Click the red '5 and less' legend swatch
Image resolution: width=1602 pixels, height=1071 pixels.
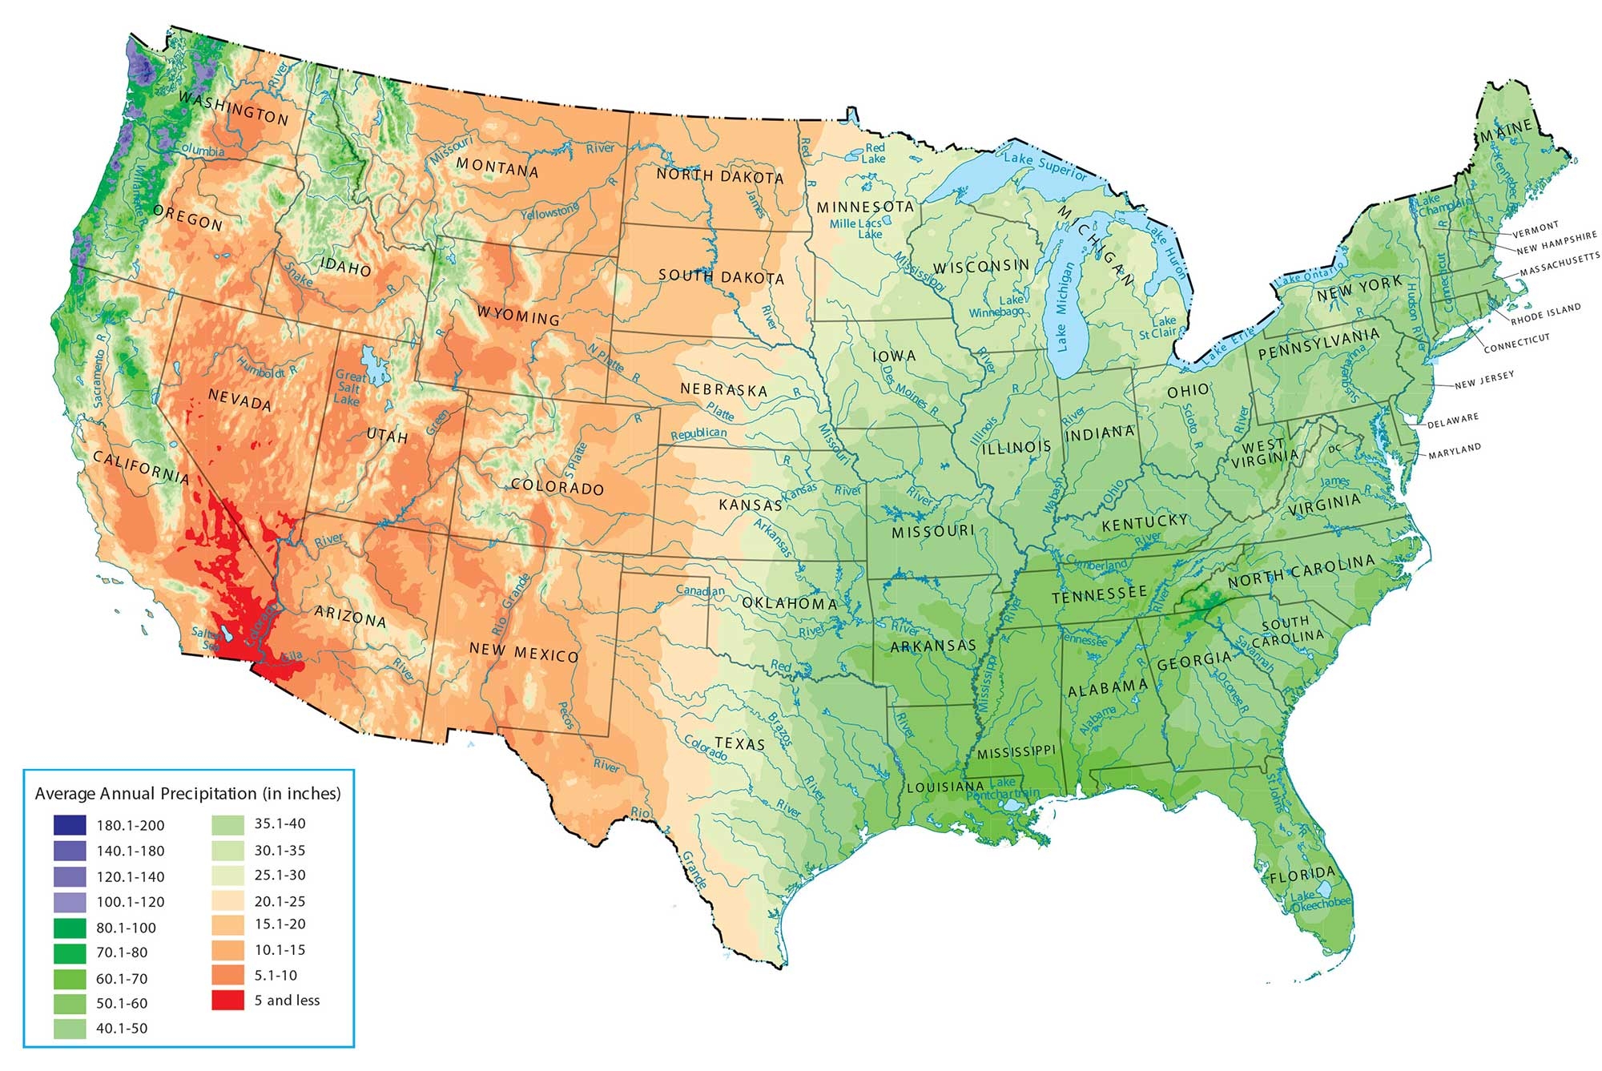(x=227, y=1000)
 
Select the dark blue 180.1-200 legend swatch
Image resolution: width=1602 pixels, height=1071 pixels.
(x=70, y=825)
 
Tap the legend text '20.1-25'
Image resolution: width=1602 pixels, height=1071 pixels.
(x=280, y=901)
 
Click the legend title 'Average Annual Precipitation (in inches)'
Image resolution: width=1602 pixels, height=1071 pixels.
(x=188, y=794)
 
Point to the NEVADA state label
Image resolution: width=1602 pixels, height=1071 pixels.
(x=239, y=398)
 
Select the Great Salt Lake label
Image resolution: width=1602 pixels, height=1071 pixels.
(x=350, y=388)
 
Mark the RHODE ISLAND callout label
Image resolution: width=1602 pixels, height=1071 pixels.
(x=1546, y=313)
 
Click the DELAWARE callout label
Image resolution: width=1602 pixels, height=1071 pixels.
(x=1453, y=420)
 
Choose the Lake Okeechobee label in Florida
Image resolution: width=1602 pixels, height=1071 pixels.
(x=1320, y=900)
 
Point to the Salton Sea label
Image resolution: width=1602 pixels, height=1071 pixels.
(x=207, y=638)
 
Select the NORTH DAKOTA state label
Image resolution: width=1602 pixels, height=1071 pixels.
(x=719, y=175)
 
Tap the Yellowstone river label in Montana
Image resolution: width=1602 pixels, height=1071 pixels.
(x=549, y=212)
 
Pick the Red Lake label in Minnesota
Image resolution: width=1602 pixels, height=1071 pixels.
(x=875, y=153)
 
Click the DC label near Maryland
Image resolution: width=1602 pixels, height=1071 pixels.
(x=1334, y=449)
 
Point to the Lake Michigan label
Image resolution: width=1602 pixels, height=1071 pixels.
(x=1062, y=308)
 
